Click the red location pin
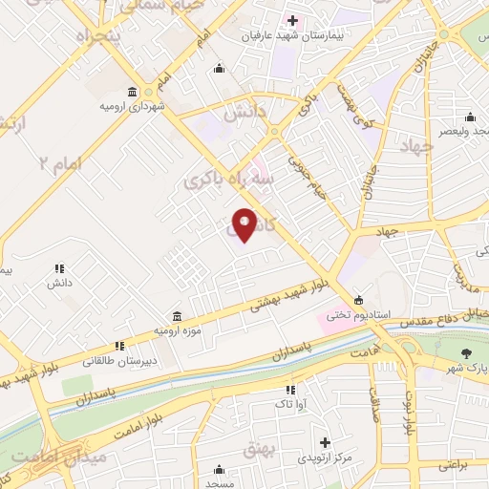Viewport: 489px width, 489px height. (x=244, y=223)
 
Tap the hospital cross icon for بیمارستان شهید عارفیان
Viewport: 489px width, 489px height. (x=292, y=20)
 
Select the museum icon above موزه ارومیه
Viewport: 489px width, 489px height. (x=178, y=315)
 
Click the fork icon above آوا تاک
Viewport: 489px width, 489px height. (x=290, y=390)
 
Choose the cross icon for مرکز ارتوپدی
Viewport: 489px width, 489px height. (x=326, y=443)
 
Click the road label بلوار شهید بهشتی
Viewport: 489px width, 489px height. (x=287, y=296)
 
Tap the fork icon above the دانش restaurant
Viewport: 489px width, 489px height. (x=58, y=269)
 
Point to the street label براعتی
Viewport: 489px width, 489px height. (x=453, y=466)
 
